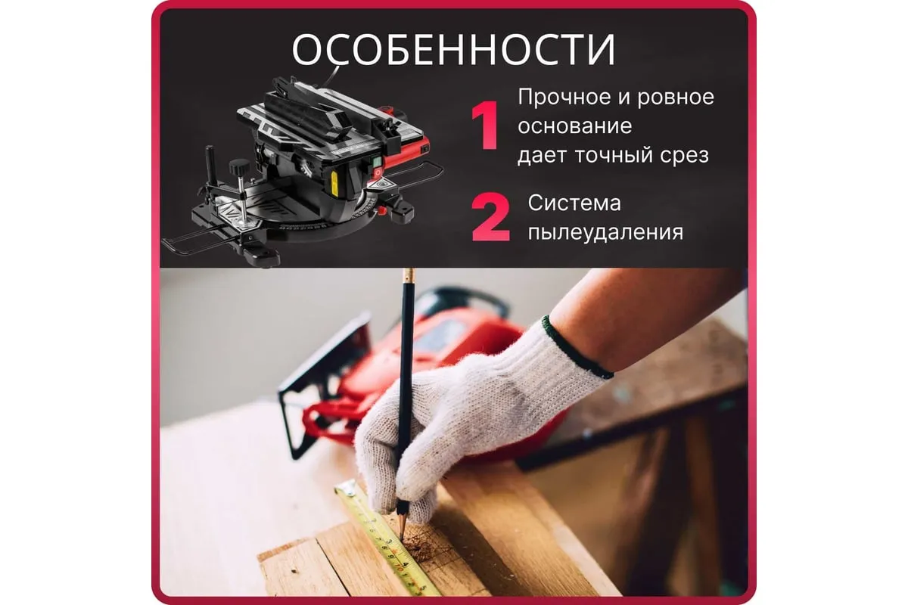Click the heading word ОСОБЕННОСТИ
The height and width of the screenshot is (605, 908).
click(x=453, y=50)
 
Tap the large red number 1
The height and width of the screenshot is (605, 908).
click(x=486, y=126)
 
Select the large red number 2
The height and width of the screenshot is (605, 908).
click(x=490, y=218)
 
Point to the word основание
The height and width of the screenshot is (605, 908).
click(x=575, y=126)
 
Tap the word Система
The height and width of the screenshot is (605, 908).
click(x=574, y=203)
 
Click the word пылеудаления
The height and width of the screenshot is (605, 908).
click(x=605, y=234)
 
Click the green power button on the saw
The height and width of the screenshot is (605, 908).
click(x=377, y=162)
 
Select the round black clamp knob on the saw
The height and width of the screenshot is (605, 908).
click(x=238, y=166)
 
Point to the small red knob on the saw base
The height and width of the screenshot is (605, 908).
click(x=381, y=210)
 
